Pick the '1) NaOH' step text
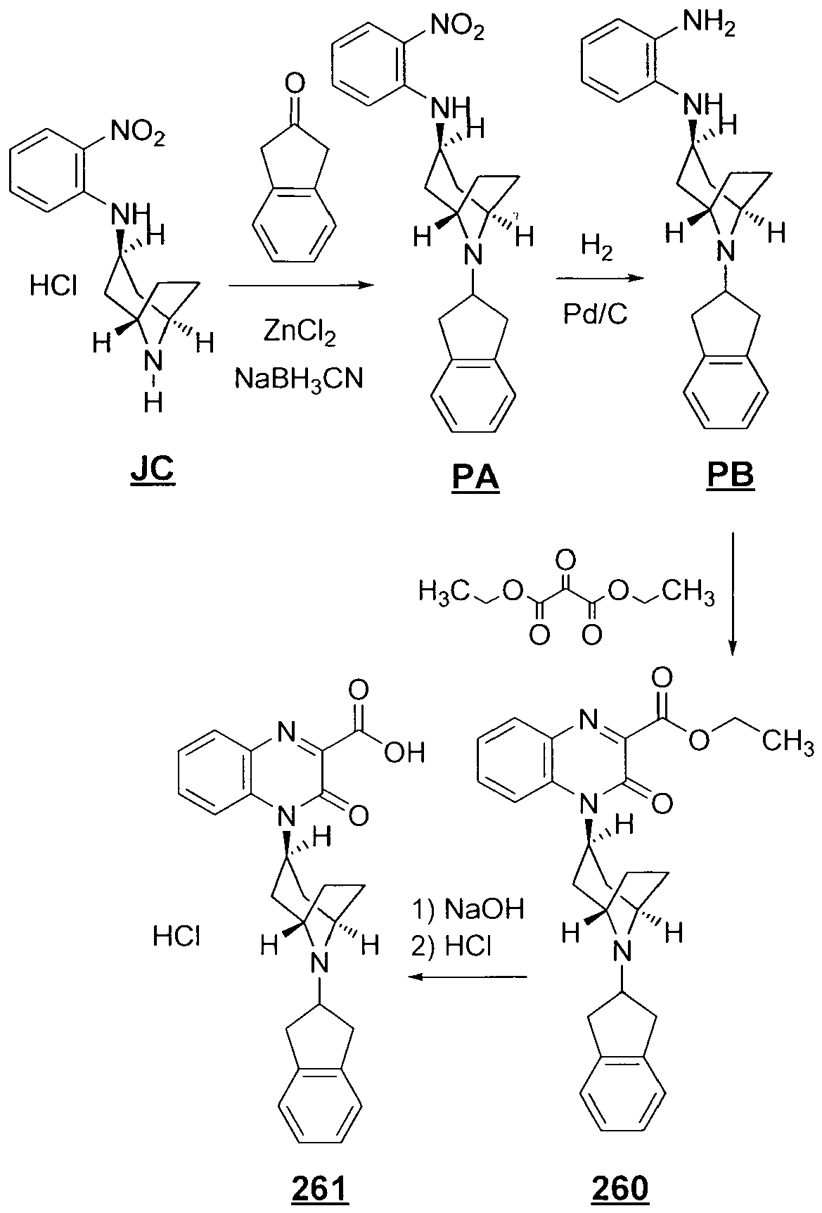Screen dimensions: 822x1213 click(x=468, y=909)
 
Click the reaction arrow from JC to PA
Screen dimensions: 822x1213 click(x=300, y=285)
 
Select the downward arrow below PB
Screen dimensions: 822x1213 click(x=732, y=594)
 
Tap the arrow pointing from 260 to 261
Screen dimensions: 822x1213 click(x=469, y=977)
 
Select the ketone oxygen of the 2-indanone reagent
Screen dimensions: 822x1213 click(x=296, y=87)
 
